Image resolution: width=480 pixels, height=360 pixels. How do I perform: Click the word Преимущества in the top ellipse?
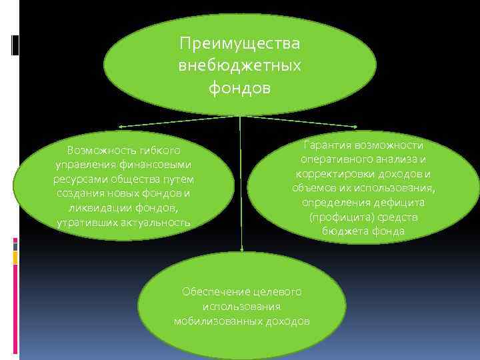pos(240,43)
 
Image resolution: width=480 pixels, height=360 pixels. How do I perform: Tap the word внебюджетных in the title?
pos(240,65)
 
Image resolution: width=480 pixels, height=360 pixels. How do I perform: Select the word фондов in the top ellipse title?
pos(240,87)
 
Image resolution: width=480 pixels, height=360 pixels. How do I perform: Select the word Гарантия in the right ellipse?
pos(327,145)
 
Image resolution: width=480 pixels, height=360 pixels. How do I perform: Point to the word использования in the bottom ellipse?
pos(241,307)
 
